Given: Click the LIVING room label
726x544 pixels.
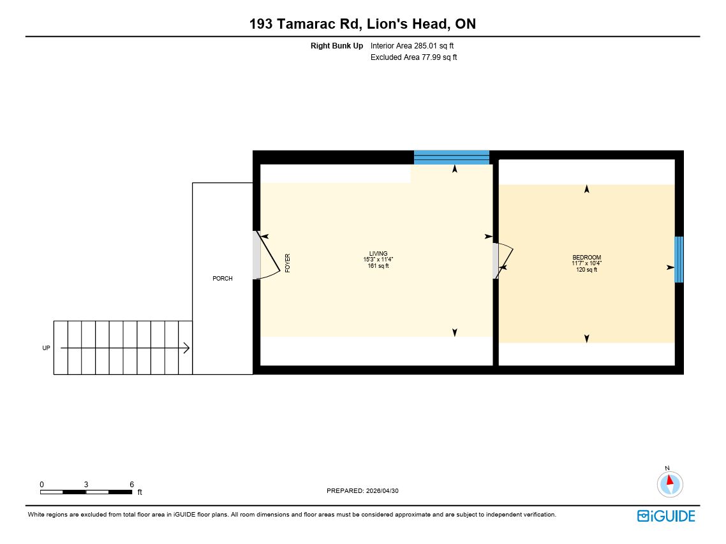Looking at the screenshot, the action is (378, 253).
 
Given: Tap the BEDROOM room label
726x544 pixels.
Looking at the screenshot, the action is (587, 258).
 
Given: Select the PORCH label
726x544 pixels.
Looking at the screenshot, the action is (222, 278).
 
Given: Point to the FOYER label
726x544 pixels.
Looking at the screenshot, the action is (288, 263).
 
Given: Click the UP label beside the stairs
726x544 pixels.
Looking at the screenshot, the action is (47, 348).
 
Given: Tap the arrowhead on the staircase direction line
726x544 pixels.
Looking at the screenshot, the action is (186, 348).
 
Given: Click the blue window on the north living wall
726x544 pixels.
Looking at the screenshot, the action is (452, 158).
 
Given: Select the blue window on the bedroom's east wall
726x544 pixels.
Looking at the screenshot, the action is (679, 260).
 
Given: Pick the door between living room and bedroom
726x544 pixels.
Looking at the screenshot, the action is (503, 261).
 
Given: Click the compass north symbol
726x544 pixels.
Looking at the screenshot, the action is (670, 484).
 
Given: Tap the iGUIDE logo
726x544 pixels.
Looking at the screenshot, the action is (666, 516).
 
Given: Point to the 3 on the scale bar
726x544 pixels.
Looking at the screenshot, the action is (86, 484).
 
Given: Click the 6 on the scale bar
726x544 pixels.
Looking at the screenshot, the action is (132, 484).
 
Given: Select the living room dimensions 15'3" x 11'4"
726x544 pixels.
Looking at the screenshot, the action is (378, 260).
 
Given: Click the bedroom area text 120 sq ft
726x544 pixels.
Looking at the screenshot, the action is (587, 270).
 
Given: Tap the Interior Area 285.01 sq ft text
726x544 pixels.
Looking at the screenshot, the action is (412, 46).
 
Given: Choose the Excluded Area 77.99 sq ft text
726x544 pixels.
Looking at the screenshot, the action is (414, 57).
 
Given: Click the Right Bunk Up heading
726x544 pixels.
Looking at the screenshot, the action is (337, 46).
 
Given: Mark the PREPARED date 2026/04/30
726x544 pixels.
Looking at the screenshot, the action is (362, 491).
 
